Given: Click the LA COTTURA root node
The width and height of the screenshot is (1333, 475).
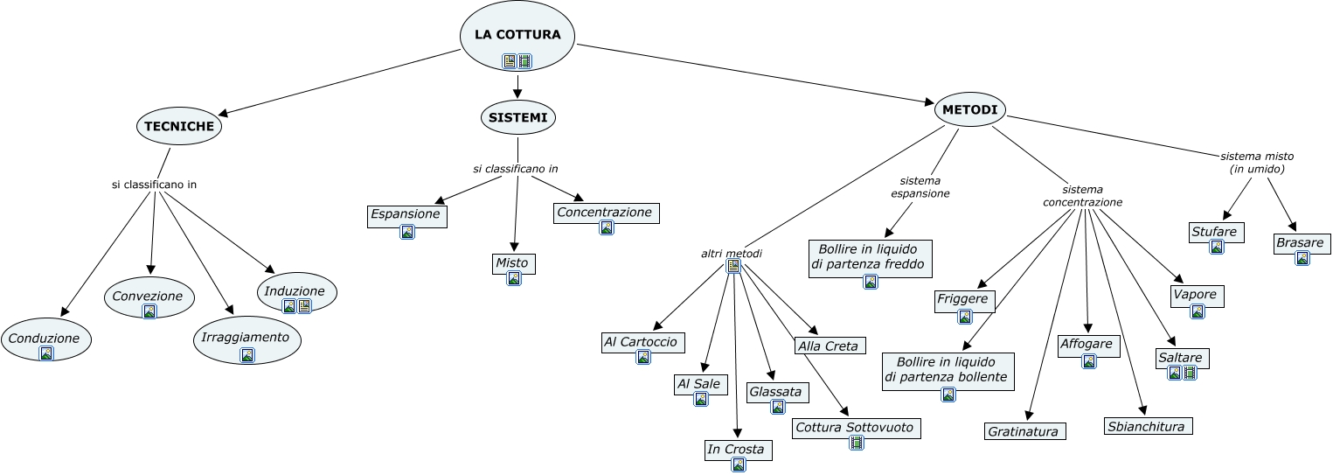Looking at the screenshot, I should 517,35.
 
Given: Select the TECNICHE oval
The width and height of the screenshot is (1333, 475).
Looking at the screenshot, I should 179,127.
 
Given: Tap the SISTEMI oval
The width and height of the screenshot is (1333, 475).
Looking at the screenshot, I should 517,117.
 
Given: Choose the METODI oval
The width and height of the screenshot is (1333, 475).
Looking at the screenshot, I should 970,109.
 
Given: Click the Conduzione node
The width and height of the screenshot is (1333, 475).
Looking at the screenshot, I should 46,339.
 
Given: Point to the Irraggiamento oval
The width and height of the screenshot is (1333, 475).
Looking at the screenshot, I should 246,338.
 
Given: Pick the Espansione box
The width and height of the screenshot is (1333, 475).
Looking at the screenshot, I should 406,214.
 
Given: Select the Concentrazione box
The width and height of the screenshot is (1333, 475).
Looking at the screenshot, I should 606,213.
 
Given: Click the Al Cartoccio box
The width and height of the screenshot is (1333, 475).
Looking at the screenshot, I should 642,342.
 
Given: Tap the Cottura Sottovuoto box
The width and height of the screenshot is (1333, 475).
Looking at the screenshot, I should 856,428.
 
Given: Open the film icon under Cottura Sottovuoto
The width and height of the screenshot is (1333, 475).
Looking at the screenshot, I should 857,443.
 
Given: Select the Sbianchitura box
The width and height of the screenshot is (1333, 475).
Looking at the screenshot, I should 1147,427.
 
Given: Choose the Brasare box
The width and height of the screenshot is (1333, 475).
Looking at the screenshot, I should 1302,243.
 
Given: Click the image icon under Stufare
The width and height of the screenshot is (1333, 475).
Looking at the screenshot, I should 1216,247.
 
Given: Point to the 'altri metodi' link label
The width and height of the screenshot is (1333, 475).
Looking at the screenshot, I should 731,254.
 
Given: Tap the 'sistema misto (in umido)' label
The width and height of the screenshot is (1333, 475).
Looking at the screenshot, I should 1256,162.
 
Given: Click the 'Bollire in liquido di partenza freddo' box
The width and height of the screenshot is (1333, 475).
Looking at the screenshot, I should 870,257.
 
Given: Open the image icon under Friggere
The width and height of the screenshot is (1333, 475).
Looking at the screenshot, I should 965,317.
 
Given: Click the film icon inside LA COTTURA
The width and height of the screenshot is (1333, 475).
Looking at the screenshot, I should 524,61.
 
